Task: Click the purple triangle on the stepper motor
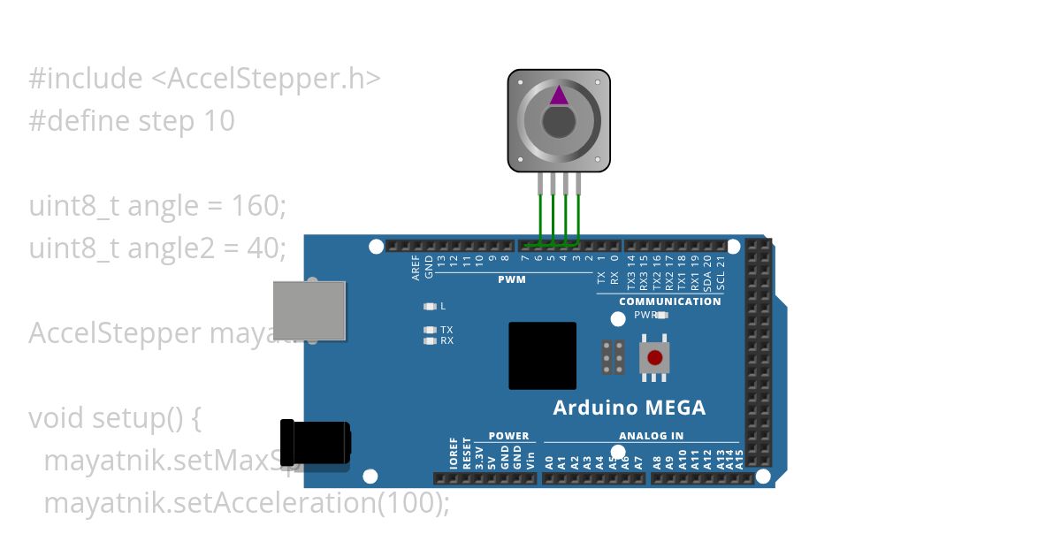(x=559, y=95)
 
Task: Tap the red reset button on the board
(x=654, y=358)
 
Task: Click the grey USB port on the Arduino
(x=309, y=309)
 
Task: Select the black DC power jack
(x=315, y=441)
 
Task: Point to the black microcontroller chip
(x=542, y=355)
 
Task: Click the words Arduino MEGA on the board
(x=629, y=408)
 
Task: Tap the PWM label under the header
(x=511, y=279)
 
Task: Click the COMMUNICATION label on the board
(x=669, y=301)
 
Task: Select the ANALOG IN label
(x=651, y=436)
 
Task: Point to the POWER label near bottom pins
(x=508, y=436)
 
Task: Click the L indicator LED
(x=431, y=307)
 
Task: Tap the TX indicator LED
(x=431, y=330)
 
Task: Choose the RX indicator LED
(x=431, y=340)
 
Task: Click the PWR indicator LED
(x=662, y=315)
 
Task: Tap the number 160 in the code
(x=256, y=206)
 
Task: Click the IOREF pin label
(x=454, y=453)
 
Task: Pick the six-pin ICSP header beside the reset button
(x=614, y=357)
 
